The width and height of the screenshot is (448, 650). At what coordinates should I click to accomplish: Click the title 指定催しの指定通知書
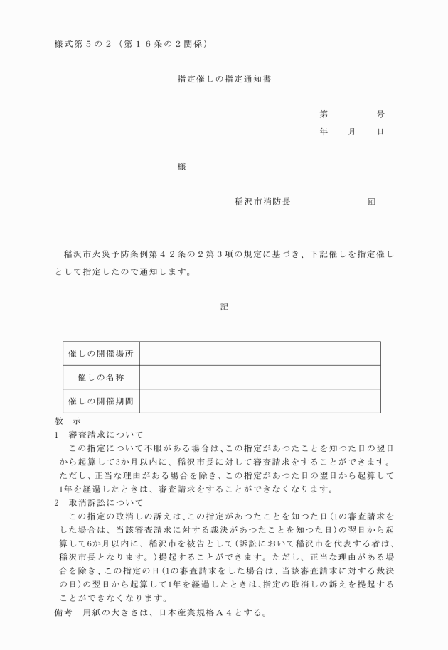pos(223,80)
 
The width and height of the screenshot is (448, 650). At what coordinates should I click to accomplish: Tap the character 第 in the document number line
pos(324,114)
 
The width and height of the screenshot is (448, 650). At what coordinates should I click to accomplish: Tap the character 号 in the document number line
pos(380,114)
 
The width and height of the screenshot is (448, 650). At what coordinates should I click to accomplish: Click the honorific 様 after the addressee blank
pos(182,168)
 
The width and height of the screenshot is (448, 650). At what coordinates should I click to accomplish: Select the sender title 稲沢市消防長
pos(262,202)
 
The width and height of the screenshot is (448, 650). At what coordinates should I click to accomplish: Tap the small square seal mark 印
pos(371,202)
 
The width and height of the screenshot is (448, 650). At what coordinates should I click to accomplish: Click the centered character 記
pos(224,307)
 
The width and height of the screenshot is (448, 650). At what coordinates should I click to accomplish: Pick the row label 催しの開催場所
pos(100,354)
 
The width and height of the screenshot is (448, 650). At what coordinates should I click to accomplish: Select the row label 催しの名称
pos(100,377)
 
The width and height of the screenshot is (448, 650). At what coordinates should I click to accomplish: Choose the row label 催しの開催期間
pos(100,401)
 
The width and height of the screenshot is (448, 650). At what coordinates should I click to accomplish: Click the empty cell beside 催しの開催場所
pos(260,354)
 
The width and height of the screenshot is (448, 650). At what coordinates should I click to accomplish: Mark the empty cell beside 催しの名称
pos(260,377)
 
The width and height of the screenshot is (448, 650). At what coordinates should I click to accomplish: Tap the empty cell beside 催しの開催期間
pos(260,401)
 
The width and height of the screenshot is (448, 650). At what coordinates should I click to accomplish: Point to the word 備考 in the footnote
pos(64,613)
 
